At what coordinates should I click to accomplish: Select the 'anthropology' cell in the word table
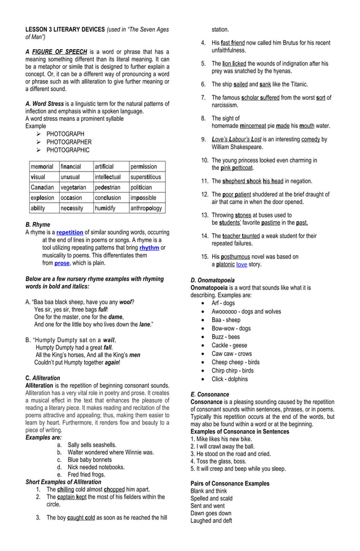(147, 208)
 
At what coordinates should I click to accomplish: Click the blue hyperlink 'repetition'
(69, 232)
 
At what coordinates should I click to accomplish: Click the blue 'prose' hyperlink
(62, 263)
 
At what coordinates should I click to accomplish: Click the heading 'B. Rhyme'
(38, 224)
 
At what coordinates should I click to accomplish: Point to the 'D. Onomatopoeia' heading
(213, 280)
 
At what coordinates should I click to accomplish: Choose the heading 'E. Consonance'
(210, 394)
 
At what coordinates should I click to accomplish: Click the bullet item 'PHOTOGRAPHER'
(69, 142)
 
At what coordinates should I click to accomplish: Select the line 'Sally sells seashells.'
(92, 445)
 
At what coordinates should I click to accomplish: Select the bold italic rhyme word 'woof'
(126, 302)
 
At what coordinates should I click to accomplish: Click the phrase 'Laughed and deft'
(212, 521)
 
